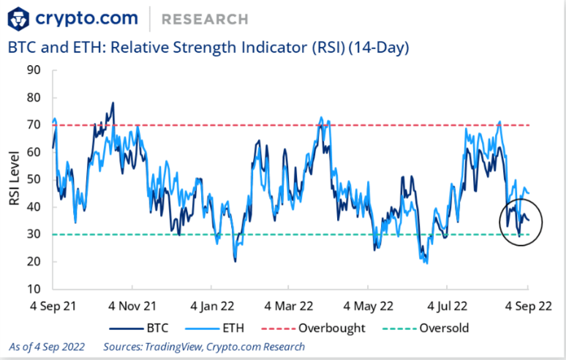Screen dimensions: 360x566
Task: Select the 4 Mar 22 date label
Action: [x=289, y=304]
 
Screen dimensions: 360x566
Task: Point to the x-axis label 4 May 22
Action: [x=369, y=304]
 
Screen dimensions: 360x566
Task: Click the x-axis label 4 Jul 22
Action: [x=447, y=304]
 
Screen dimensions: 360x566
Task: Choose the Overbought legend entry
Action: [x=333, y=328]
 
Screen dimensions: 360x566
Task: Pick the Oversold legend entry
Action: [x=442, y=328]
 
